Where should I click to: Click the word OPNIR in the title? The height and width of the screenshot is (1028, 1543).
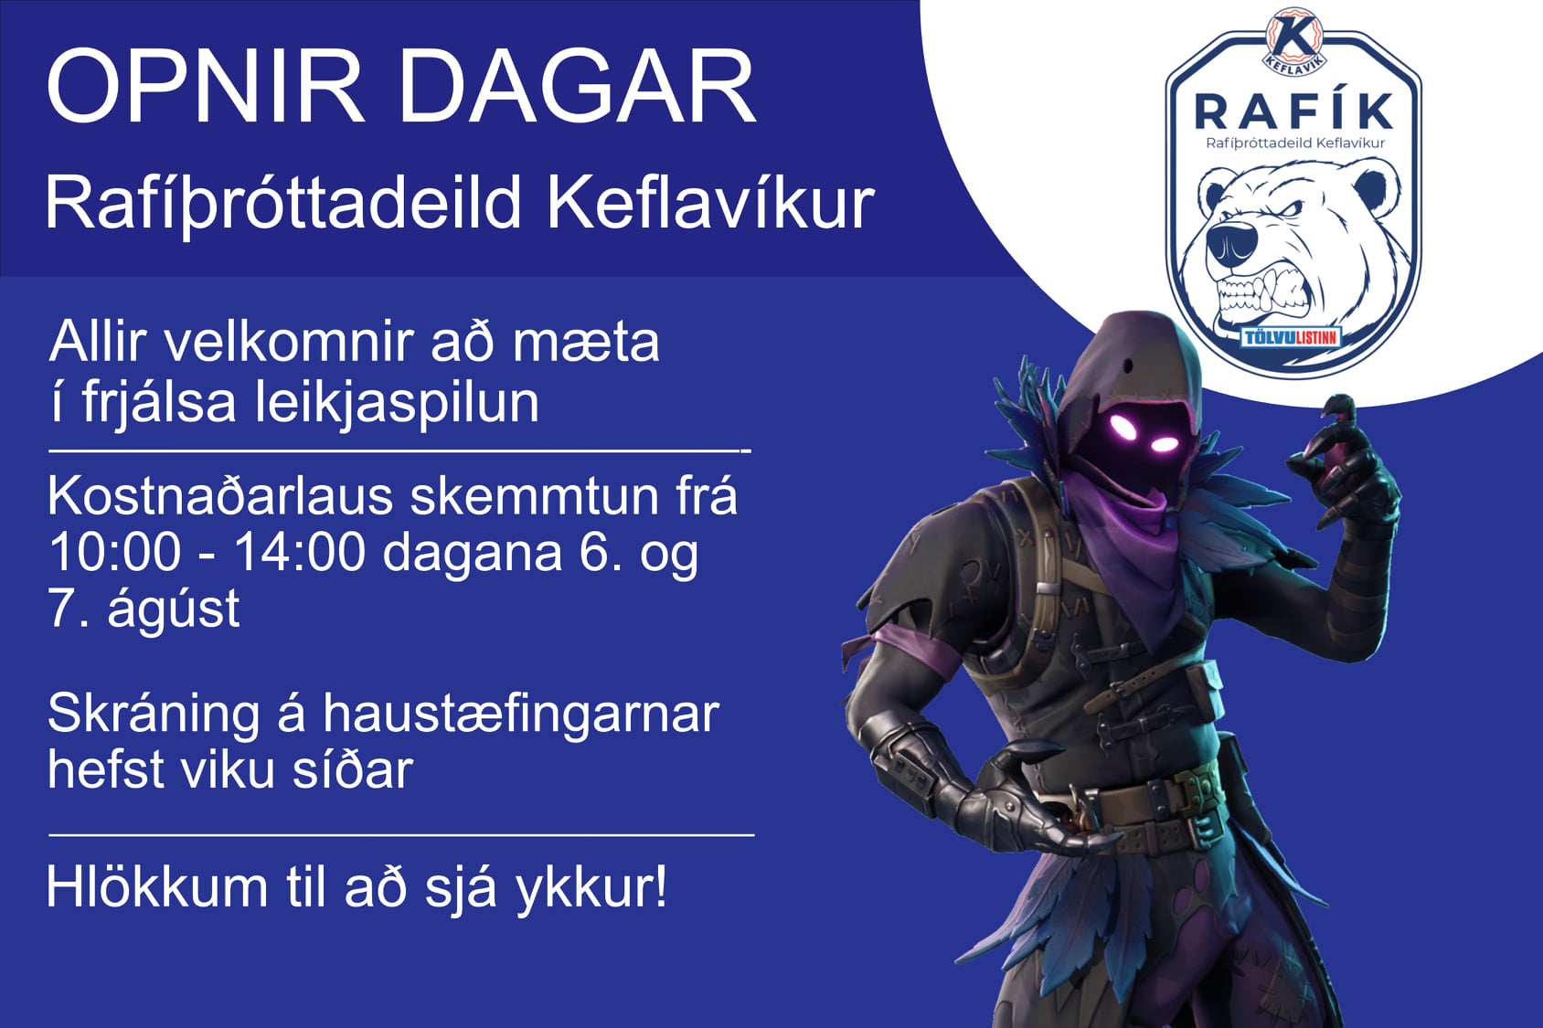pyautogui.click(x=206, y=87)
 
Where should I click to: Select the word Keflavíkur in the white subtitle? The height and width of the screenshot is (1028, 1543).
pyautogui.click(x=710, y=203)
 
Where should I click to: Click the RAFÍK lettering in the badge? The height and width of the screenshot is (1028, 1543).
pyautogui.click(x=1293, y=111)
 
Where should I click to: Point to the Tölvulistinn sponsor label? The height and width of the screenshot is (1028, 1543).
pyautogui.click(x=1291, y=337)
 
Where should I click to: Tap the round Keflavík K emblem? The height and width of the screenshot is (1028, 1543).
pyautogui.click(x=1293, y=38)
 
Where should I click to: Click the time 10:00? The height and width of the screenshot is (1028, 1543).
pyautogui.click(x=115, y=553)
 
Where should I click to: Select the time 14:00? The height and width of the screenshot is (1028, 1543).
pyautogui.click(x=300, y=553)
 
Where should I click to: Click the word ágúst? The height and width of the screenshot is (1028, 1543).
pyautogui.click(x=174, y=609)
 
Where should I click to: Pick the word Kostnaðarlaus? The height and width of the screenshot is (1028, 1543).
pyautogui.click(x=219, y=497)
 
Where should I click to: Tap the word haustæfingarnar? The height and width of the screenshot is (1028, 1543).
pyautogui.click(x=520, y=714)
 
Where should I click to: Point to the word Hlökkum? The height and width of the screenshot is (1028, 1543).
pyautogui.click(x=155, y=887)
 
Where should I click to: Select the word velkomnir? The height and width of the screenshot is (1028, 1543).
pyautogui.click(x=289, y=343)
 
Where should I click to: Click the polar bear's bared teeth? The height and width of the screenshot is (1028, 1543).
pyautogui.click(x=1257, y=294)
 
